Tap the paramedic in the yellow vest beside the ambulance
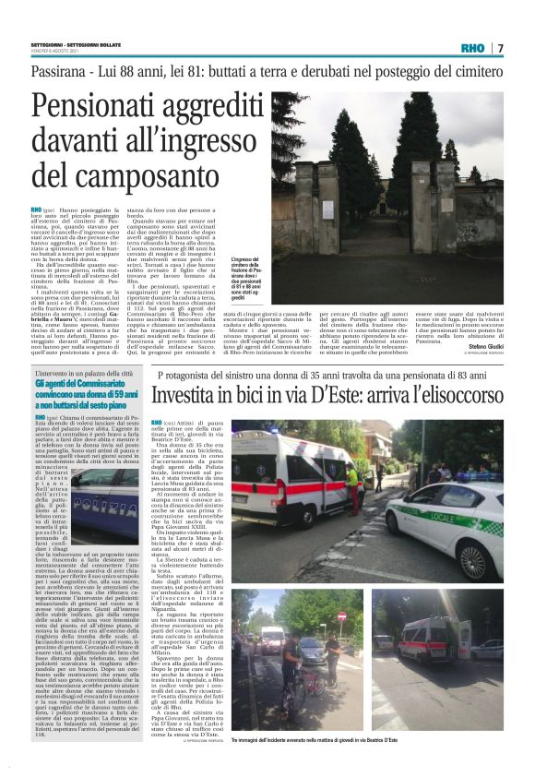point(351,479)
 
